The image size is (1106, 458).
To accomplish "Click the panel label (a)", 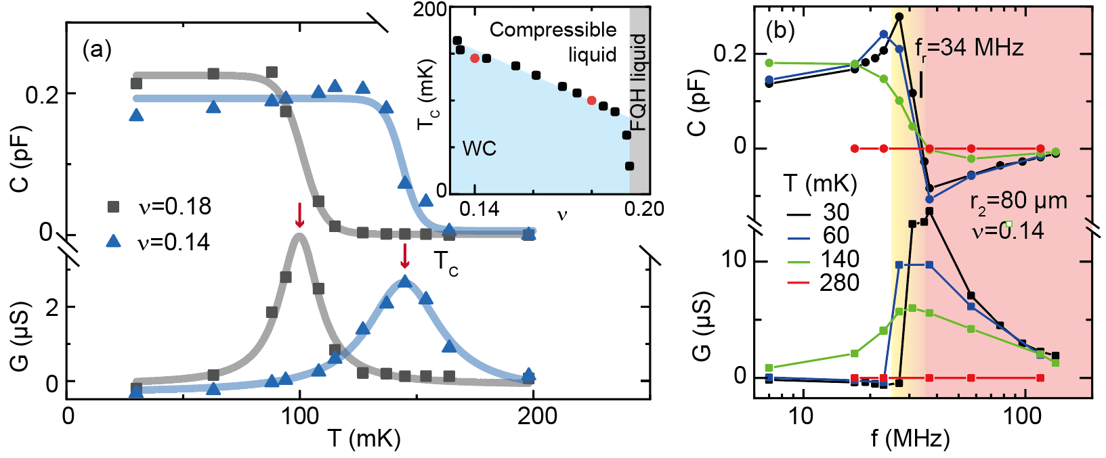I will (97, 51).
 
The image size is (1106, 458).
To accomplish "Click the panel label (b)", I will (780, 30).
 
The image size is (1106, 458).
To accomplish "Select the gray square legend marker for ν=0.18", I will (113, 206).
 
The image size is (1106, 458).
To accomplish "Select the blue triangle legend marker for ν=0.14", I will (113, 241).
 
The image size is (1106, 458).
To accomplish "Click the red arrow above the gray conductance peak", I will (299, 216).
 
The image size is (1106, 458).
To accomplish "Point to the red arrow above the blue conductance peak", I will (405, 256).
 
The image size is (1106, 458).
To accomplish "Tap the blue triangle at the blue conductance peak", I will (404, 281).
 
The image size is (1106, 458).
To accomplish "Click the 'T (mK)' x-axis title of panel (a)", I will (364, 439).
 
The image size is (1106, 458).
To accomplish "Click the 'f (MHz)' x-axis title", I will (910, 439).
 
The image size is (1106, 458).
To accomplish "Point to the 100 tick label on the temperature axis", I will (300, 416).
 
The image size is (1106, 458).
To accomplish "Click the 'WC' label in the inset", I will (479, 148).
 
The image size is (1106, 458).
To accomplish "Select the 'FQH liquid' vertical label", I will (639, 82).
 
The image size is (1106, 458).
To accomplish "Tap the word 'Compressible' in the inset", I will (553, 30).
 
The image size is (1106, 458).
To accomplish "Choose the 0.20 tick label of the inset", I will (643, 208).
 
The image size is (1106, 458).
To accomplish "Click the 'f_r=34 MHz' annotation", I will (969, 48).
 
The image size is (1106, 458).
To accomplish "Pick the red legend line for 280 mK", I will (799, 283).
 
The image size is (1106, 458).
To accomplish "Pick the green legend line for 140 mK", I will (799, 259).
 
